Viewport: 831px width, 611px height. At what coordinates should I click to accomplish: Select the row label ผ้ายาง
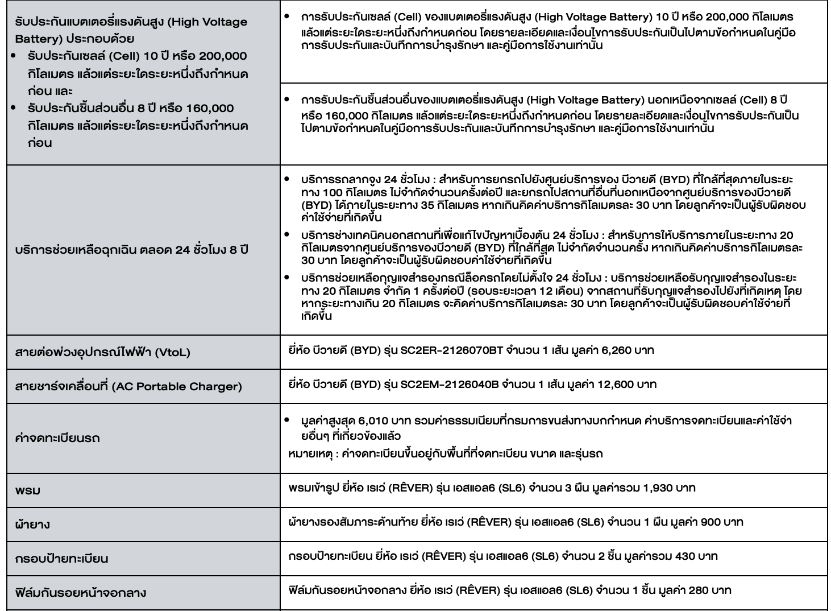[32, 524]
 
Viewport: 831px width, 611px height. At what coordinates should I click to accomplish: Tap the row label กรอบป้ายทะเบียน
[61, 558]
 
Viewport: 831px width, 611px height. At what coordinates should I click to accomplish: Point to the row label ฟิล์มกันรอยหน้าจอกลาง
[81, 593]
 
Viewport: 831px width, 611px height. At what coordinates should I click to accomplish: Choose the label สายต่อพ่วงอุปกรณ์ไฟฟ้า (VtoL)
[103, 352]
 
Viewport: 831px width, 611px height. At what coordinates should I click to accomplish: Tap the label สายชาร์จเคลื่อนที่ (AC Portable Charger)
[128, 386]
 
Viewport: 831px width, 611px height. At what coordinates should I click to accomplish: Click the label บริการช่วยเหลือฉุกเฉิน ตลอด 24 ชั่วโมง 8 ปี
[132, 250]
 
